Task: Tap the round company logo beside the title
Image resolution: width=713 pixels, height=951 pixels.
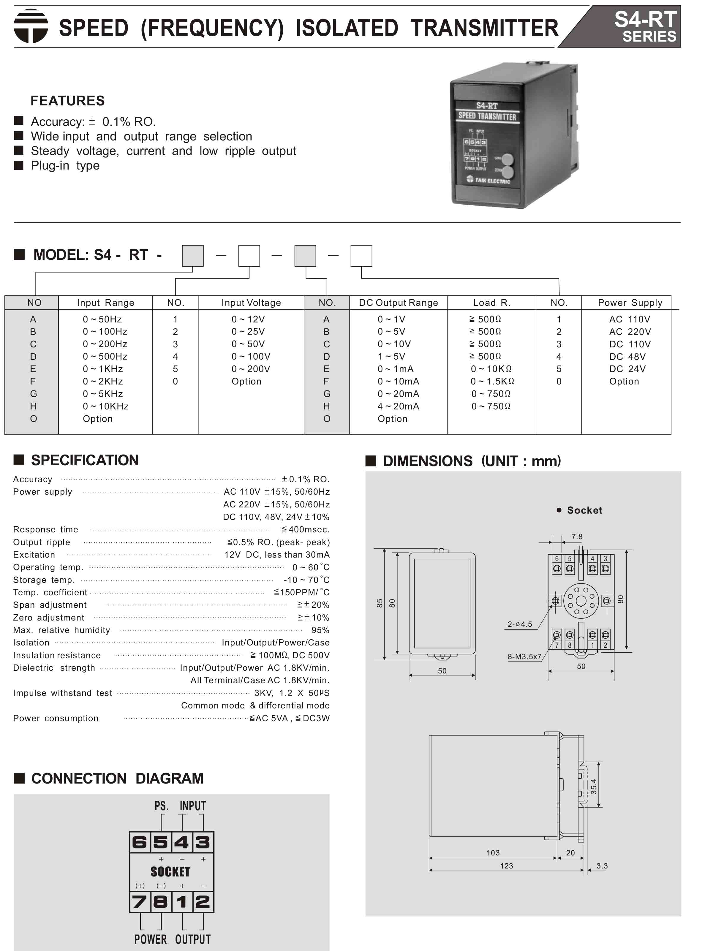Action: click(31, 26)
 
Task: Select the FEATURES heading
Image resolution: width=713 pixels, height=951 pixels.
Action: click(67, 101)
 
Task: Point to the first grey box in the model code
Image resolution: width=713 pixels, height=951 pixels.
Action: click(193, 256)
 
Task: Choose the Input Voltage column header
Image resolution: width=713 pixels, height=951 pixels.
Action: click(251, 303)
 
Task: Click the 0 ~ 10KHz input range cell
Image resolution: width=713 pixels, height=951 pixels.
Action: click(105, 406)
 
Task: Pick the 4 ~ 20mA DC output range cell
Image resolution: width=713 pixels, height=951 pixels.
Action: click(398, 406)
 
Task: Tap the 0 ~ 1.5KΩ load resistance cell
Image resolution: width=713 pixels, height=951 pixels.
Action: click(492, 381)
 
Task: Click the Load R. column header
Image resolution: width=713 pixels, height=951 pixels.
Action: click(491, 303)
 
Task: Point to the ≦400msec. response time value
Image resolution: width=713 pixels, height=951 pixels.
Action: click(305, 529)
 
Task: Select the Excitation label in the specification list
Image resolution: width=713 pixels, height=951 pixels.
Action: click(34, 555)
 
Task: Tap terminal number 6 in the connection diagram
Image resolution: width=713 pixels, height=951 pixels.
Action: click(139, 842)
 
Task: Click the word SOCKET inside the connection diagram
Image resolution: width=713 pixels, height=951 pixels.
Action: click(170, 871)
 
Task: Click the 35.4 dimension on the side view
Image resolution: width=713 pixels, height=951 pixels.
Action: click(593, 786)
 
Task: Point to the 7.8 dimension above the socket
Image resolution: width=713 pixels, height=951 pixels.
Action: click(577, 537)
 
